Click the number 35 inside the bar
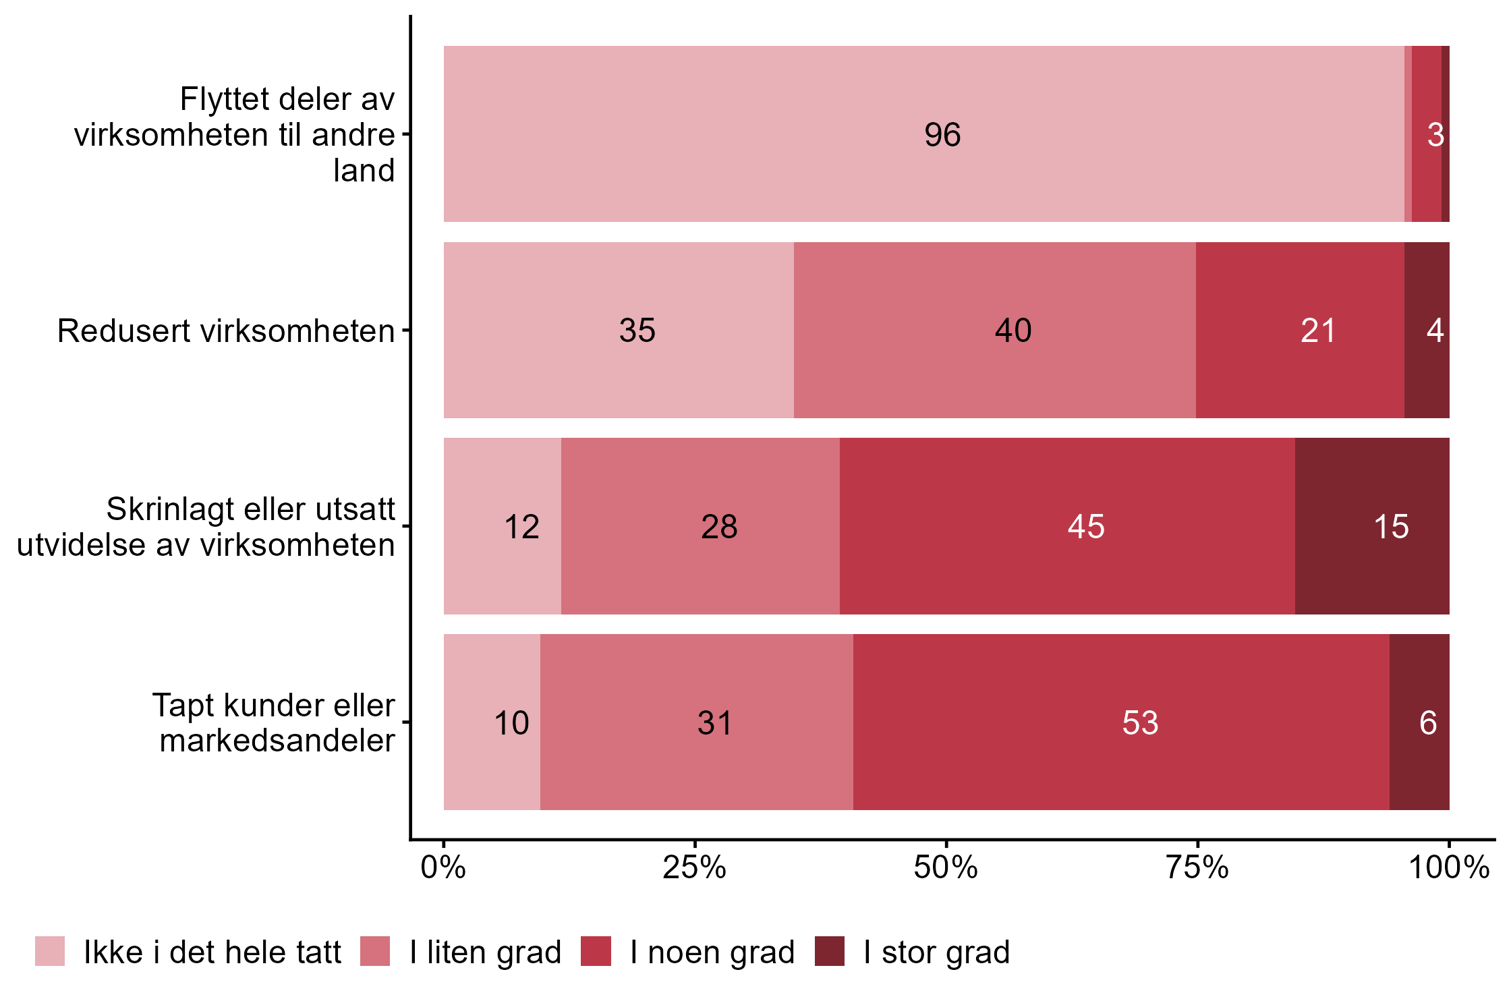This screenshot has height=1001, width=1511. pos(637,331)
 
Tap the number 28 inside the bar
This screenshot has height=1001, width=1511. pos(719,527)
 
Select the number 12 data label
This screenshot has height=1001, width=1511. pos(521,527)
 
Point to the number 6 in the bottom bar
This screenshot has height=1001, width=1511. pos(1427,723)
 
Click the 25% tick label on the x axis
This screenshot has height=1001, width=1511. pos(694,867)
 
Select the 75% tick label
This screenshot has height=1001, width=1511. pos(1197,867)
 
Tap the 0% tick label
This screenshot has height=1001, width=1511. pos(443,867)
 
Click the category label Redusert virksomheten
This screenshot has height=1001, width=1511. pos(226,331)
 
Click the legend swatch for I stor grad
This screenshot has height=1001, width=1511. pos(829,951)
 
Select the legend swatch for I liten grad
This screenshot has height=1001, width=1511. pos(375,951)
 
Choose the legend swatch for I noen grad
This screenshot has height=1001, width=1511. pos(596,951)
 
